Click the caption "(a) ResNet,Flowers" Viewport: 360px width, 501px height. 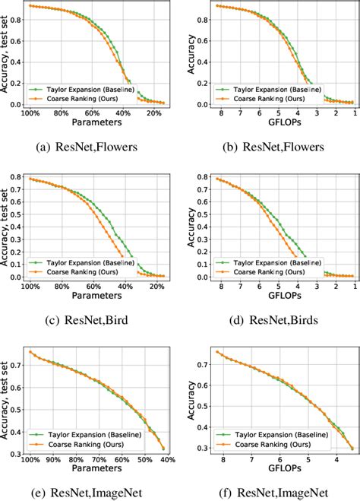click(x=91, y=147)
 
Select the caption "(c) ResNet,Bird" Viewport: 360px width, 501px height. click(x=91, y=320)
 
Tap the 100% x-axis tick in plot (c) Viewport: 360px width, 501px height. click(x=30, y=287)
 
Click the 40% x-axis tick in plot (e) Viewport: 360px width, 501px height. click(x=167, y=460)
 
